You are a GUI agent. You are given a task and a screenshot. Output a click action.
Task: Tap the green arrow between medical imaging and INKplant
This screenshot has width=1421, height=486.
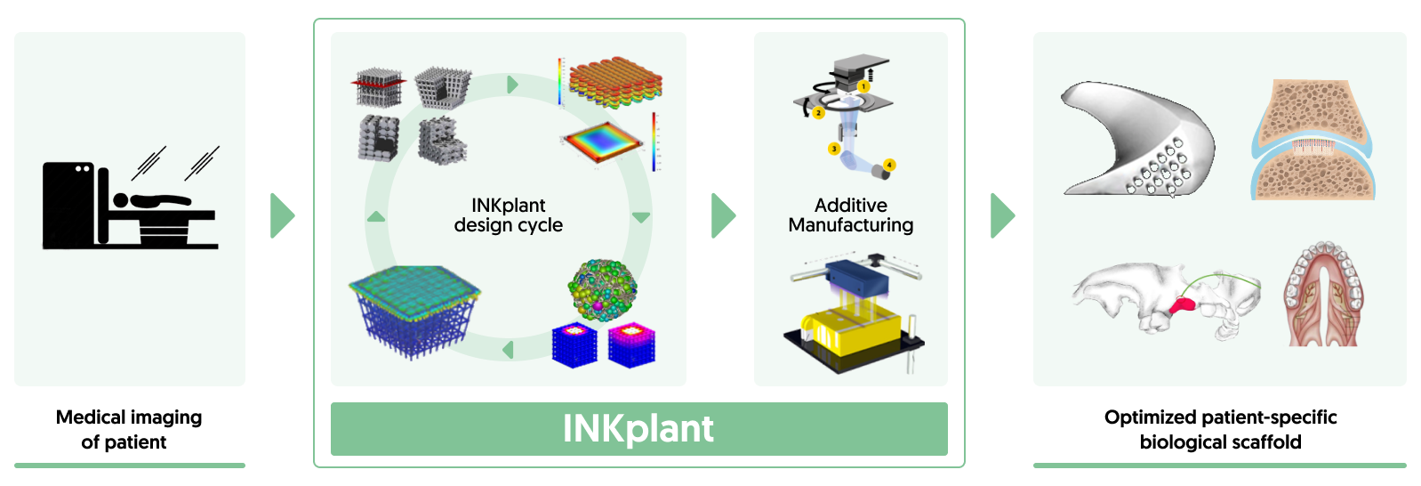[281, 215]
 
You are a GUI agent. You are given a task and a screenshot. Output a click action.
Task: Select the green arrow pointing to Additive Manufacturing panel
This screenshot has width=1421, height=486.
[722, 215]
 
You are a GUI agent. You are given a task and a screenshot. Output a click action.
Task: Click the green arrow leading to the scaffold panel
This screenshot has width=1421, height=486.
[1001, 215]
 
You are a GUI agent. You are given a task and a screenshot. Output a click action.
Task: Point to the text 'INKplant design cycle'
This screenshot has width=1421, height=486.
[508, 215]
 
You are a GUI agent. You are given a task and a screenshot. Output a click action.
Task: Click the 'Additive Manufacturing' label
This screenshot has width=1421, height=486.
[850, 215]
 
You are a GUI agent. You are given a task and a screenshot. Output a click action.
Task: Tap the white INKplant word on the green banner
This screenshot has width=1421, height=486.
[638, 429]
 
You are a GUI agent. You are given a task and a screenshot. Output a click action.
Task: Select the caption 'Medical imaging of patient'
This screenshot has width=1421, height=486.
[129, 429]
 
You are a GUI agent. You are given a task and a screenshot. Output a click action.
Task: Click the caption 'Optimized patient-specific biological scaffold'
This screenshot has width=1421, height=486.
[1220, 429]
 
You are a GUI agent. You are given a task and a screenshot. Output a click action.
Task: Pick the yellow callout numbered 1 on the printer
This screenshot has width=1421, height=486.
[863, 87]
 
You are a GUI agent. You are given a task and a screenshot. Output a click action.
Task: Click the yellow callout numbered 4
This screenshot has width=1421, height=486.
[889, 165]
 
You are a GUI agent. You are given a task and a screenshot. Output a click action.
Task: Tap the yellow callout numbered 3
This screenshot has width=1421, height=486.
[833, 149]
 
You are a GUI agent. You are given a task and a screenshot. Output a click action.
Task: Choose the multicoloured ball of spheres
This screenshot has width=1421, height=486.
[602, 289]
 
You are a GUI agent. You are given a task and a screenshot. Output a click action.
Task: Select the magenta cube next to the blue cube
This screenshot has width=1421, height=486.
[631, 345]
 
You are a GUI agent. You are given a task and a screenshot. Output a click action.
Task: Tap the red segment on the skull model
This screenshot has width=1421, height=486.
[1183, 306]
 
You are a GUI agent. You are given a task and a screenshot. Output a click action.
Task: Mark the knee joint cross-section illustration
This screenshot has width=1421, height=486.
[1313, 141]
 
